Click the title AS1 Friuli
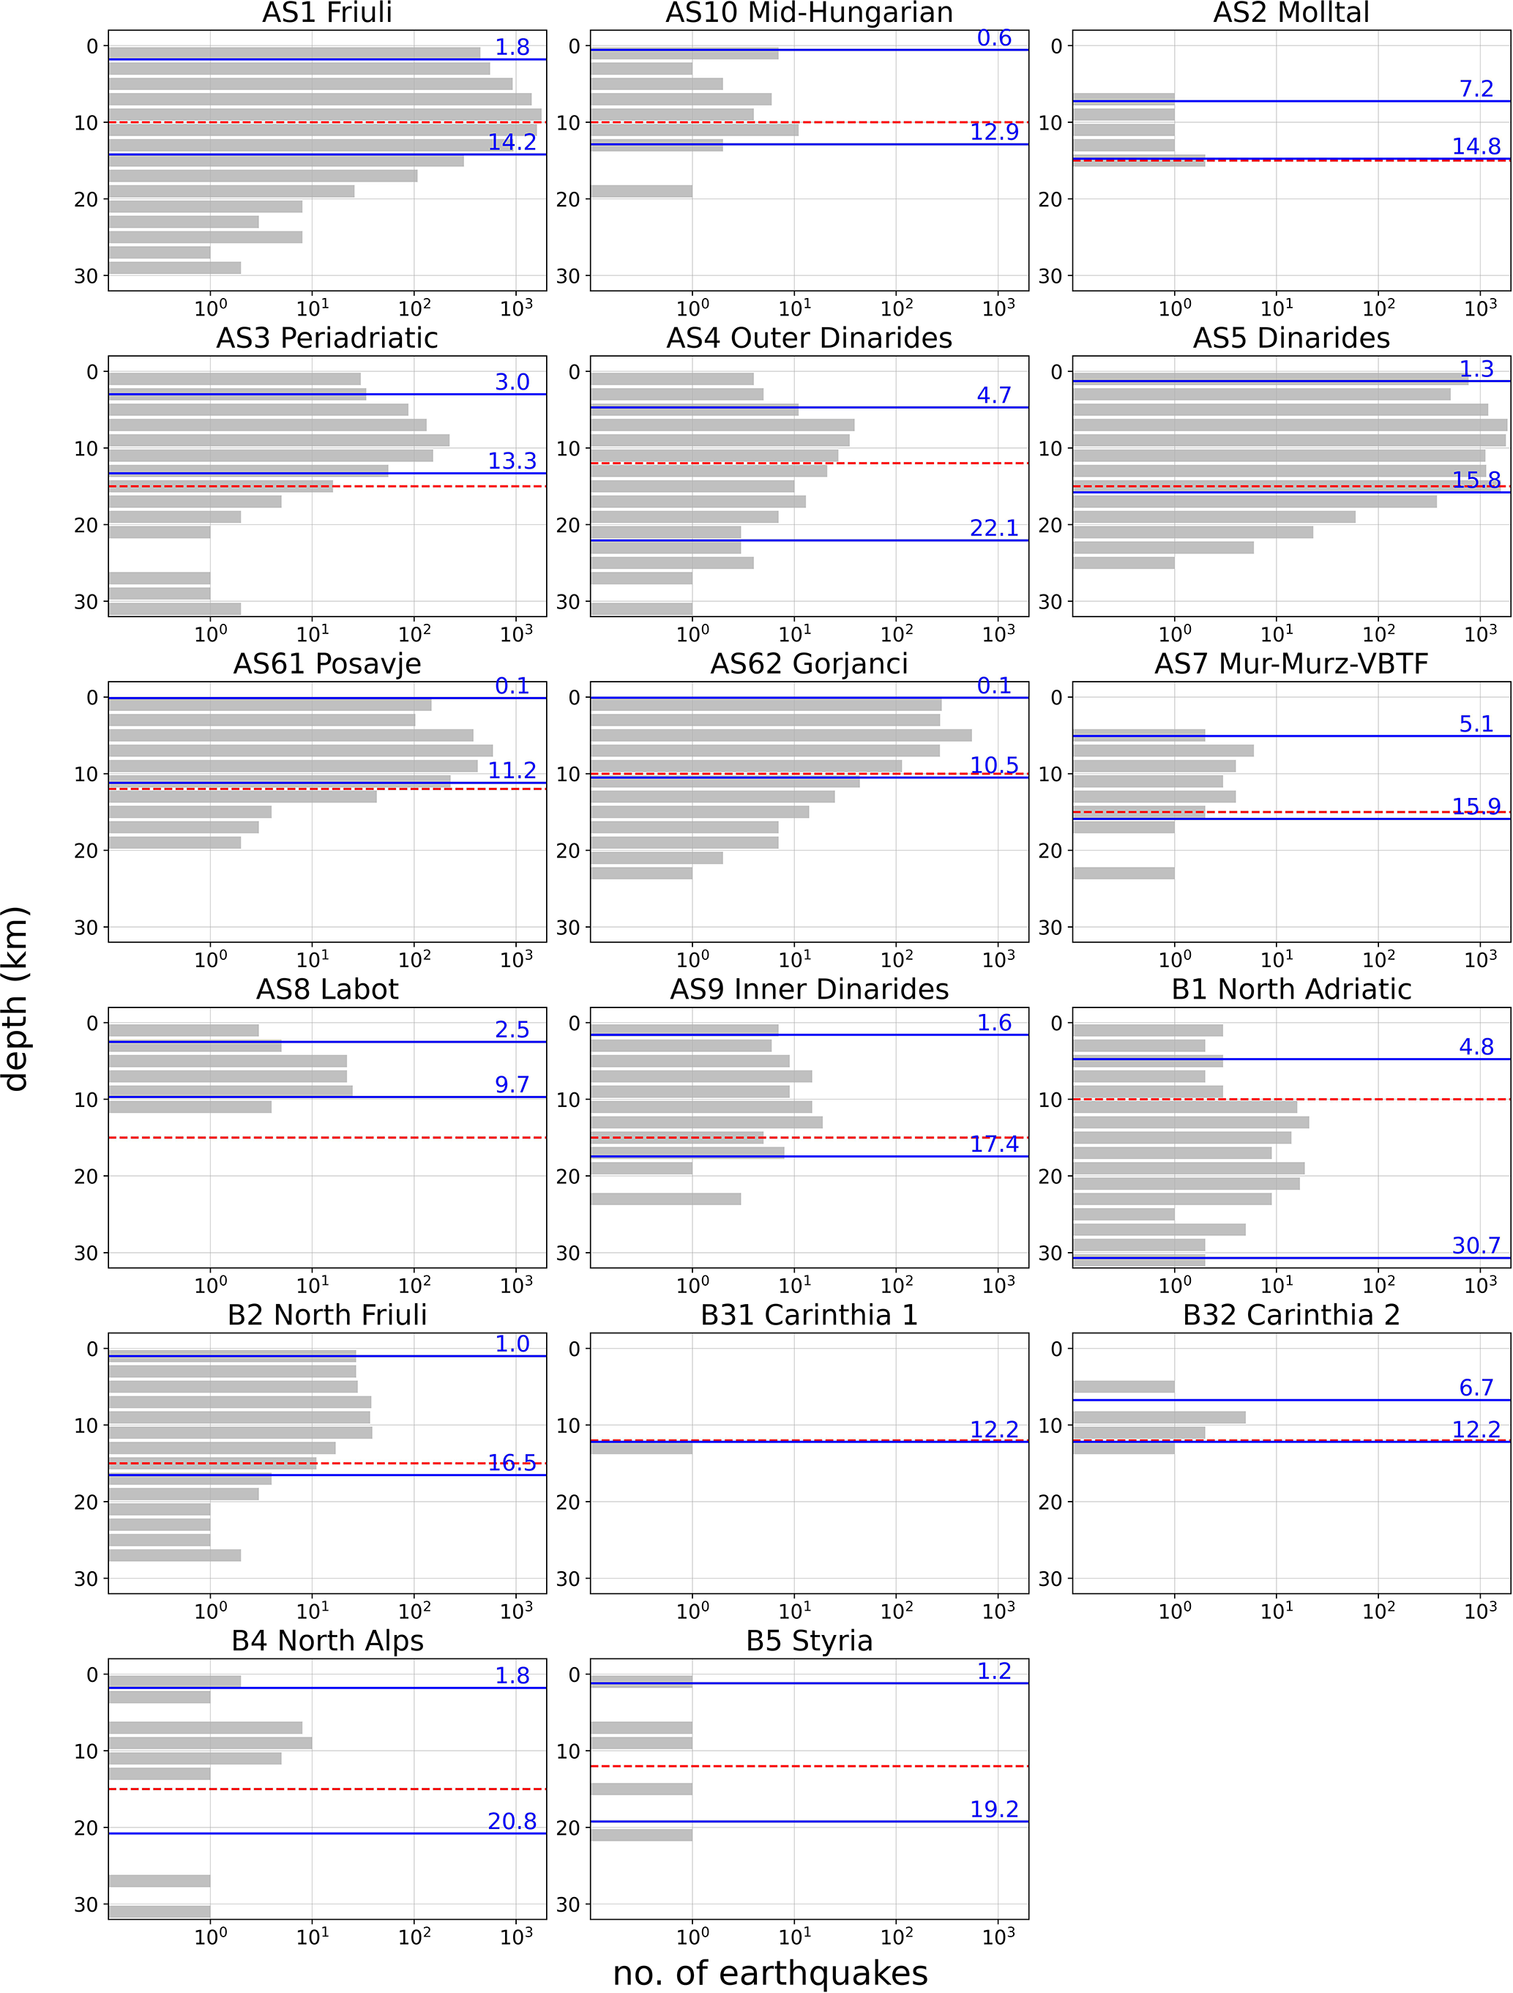[x=327, y=12]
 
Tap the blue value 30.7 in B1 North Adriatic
[x=1476, y=1245]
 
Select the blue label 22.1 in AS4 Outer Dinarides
[x=993, y=528]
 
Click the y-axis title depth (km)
[x=16, y=998]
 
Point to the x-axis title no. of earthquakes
[x=770, y=1972]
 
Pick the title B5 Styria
[x=809, y=1641]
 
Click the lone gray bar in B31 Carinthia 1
[x=641, y=1448]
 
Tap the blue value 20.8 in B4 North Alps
[x=512, y=1821]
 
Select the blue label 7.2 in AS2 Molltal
[x=1476, y=89]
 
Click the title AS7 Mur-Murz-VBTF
[x=1290, y=664]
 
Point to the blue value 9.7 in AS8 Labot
[x=512, y=1084]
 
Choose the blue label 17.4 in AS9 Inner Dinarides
[x=993, y=1144]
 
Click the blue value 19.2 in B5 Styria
[x=993, y=1809]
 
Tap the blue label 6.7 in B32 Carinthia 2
[x=1476, y=1387]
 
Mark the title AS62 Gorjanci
[x=809, y=664]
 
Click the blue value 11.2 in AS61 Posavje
[x=512, y=770]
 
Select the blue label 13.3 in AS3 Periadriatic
[x=512, y=461]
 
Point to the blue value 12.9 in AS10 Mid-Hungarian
[x=993, y=132]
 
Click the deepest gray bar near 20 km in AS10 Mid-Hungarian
[x=641, y=191]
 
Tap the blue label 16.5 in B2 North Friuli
[x=512, y=1462]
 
